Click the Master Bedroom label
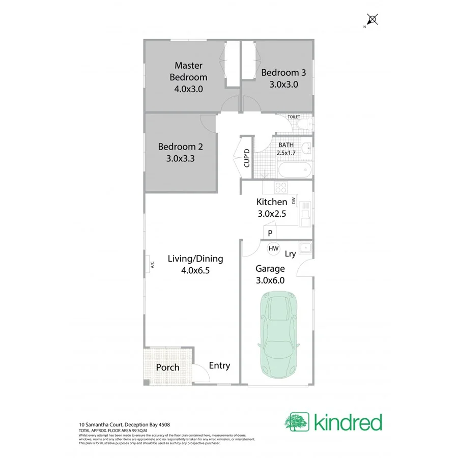[x=188, y=71]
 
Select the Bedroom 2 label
[x=180, y=147]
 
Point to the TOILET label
[x=294, y=117]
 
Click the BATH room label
[x=285, y=145]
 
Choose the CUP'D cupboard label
[x=247, y=158]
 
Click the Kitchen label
[x=272, y=202]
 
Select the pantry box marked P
[x=270, y=233]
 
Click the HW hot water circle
[x=273, y=248]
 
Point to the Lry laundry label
[x=290, y=253]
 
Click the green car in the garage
[x=280, y=335]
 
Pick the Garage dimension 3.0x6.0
[x=270, y=280]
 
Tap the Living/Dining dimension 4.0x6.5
[x=195, y=271]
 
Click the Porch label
[x=167, y=367]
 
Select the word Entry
[x=220, y=365]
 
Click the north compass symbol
[x=373, y=20]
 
